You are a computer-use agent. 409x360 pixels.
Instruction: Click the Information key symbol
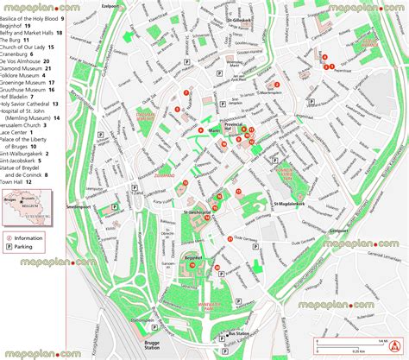9,236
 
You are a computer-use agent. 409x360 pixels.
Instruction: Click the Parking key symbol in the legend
9,247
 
